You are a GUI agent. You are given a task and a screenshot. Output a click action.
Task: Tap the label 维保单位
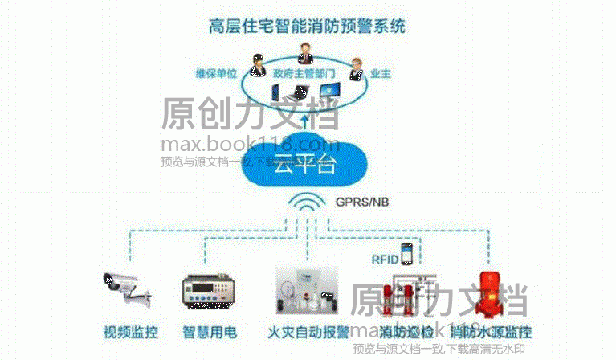click(216, 73)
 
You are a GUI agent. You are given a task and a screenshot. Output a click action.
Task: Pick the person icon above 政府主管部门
click(305, 52)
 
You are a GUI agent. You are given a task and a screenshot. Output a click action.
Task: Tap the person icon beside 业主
click(354, 63)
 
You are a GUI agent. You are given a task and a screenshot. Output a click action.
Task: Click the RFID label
click(383, 259)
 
